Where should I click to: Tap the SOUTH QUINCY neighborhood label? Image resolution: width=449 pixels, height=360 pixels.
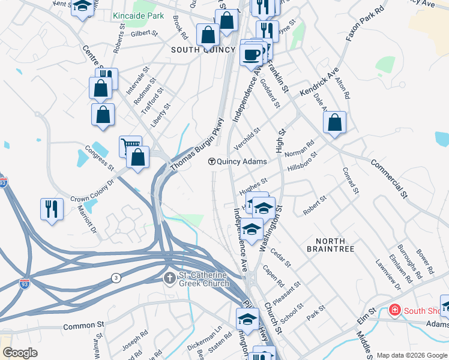(203, 50)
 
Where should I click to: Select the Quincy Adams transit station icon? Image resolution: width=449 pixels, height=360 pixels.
(212, 161)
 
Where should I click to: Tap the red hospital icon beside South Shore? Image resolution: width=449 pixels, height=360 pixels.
(394, 310)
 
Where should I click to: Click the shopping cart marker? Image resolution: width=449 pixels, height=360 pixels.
(130, 145)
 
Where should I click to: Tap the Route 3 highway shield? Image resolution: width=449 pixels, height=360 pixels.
(115, 277)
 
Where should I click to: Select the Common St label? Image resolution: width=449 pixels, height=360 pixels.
(83, 327)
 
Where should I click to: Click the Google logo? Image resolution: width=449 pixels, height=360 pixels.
(20, 353)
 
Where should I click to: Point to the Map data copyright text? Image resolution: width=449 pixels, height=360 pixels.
(412, 355)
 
